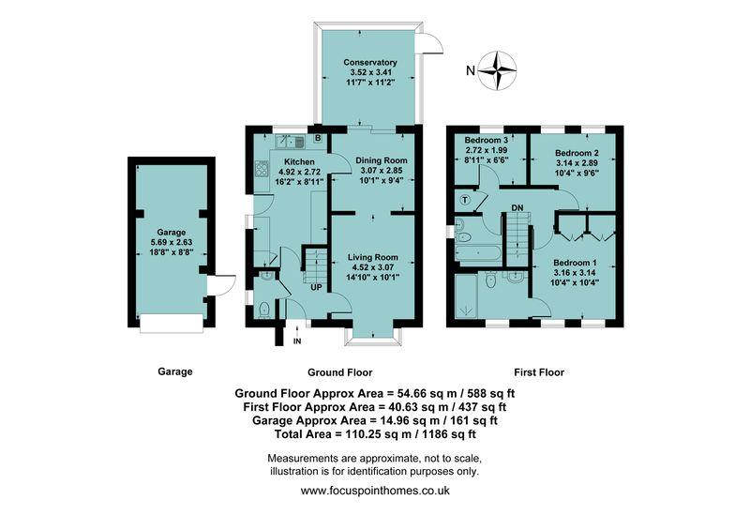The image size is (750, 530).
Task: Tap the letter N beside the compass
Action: coord(471,69)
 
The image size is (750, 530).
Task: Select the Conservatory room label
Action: coord(369,62)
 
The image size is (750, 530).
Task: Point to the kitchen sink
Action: coord(288,143)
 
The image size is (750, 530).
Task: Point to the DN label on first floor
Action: coord(517,207)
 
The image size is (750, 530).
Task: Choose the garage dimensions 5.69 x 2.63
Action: coord(172,242)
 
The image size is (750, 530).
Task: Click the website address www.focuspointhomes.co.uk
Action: coord(375,491)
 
